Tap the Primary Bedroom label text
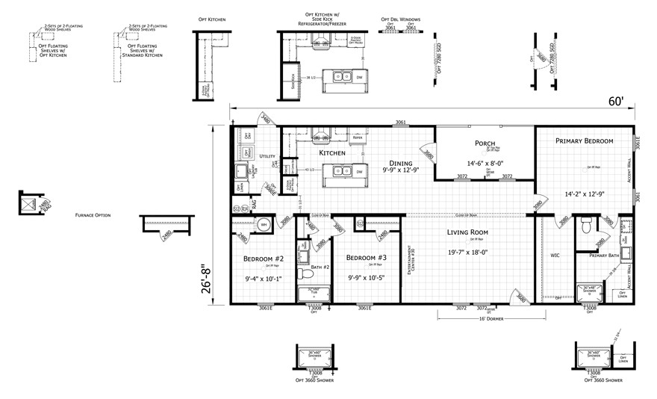(585, 140)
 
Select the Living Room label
(467, 232)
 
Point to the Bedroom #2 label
(264, 259)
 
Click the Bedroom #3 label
(366, 258)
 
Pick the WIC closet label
(555, 256)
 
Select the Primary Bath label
(604, 256)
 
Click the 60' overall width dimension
(617, 101)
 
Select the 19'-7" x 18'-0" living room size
(467, 252)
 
